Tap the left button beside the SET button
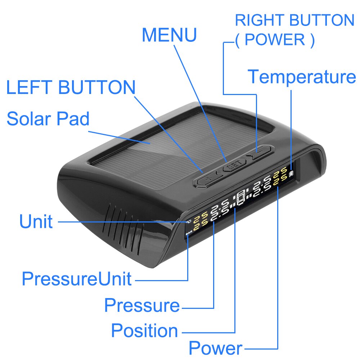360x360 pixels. [x=207, y=178]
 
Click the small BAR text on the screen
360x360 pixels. [x=189, y=234]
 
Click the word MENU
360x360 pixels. [x=169, y=35]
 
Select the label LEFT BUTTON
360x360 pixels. [x=71, y=88]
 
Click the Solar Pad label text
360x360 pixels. [x=48, y=119]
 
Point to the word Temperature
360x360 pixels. [x=302, y=77]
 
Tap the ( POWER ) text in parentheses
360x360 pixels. [x=275, y=40]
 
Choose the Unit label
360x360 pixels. [x=36, y=222]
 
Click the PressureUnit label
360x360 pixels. [x=77, y=279]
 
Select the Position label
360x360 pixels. [x=144, y=330]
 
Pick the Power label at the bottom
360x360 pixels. [x=216, y=348]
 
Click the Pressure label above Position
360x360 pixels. [x=142, y=306]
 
